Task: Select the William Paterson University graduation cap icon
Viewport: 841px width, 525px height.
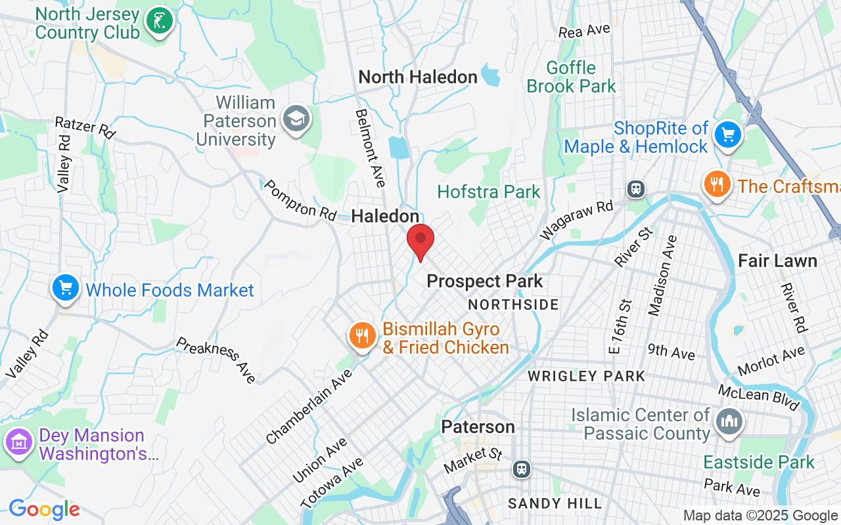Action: click(296, 119)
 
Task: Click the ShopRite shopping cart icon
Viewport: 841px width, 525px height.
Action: click(727, 135)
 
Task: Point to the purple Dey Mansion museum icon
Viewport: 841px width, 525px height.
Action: click(19, 442)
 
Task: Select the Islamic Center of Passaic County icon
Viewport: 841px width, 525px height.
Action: click(729, 421)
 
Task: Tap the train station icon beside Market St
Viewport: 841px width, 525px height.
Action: click(522, 469)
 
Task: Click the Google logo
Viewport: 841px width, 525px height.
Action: click(44, 509)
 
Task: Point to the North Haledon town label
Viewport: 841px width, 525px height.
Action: click(418, 77)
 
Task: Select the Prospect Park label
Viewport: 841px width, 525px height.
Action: click(485, 282)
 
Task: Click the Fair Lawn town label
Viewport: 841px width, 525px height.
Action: click(777, 261)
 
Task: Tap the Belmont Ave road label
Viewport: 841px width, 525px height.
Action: click(371, 148)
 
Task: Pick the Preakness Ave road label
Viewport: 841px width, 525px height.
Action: click(216, 360)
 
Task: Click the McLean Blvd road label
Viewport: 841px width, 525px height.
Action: click(759, 398)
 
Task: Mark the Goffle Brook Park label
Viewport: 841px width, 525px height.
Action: click(572, 77)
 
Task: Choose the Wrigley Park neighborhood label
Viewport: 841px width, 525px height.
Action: click(587, 377)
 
